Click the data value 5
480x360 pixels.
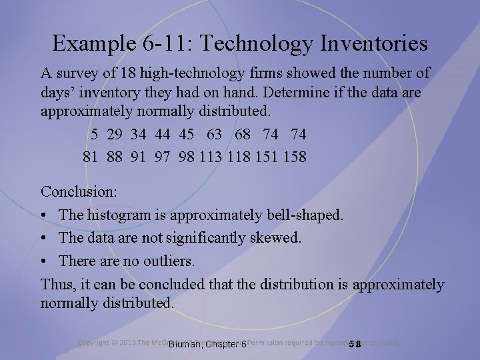(x=95, y=135)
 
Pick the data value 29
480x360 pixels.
(x=114, y=135)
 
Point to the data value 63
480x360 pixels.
(x=215, y=135)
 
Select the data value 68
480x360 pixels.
(x=243, y=135)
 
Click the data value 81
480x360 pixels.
(x=90, y=158)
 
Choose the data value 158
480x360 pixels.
(x=293, y=158)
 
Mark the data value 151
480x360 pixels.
(x=266, y=158)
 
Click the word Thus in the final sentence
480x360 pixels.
(x=56, y=285)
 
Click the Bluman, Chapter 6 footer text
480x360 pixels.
(x=207, y=344)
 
